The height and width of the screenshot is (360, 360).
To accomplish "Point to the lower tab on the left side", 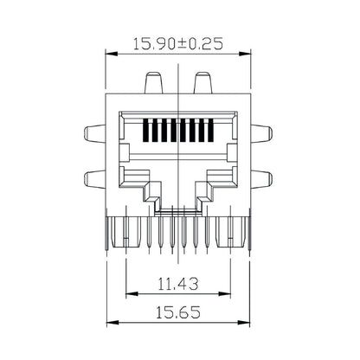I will click(x=94, y=180).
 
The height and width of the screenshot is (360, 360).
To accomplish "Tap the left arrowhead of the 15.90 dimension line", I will click(x=109, y=54).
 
